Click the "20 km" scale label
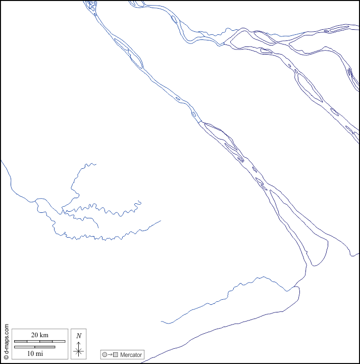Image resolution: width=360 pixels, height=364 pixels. click(39, 335)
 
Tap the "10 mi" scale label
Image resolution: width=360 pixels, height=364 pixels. click(35, 353)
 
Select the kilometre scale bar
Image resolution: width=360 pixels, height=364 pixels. click(39, 342)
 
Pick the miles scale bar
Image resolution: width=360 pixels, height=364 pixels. click(34, 347)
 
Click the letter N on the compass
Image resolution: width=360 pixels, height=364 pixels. click(79, 336)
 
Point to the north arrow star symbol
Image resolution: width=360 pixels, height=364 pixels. click(78, 351)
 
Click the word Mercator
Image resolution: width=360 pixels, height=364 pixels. click(131, 355)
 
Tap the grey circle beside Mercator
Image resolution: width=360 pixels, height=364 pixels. click(105, 355)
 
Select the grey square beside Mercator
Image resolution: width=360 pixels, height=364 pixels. click(116, 355)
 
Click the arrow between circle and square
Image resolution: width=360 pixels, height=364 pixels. click(110, 355)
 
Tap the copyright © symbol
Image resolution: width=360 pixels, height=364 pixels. click(6, 356)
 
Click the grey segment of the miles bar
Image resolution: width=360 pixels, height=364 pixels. click(24, 347)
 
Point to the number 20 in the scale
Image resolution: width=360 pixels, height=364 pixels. click(35, 335)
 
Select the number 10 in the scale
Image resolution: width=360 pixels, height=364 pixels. click(30, 353)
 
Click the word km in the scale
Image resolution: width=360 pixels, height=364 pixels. click(44, 335)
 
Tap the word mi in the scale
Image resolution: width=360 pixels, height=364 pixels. click(39, 353)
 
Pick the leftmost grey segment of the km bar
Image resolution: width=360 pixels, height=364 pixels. click(21, 342)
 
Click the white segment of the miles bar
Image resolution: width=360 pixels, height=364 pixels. click(44, 347)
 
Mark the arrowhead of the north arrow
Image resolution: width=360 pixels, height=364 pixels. click(78, 343)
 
